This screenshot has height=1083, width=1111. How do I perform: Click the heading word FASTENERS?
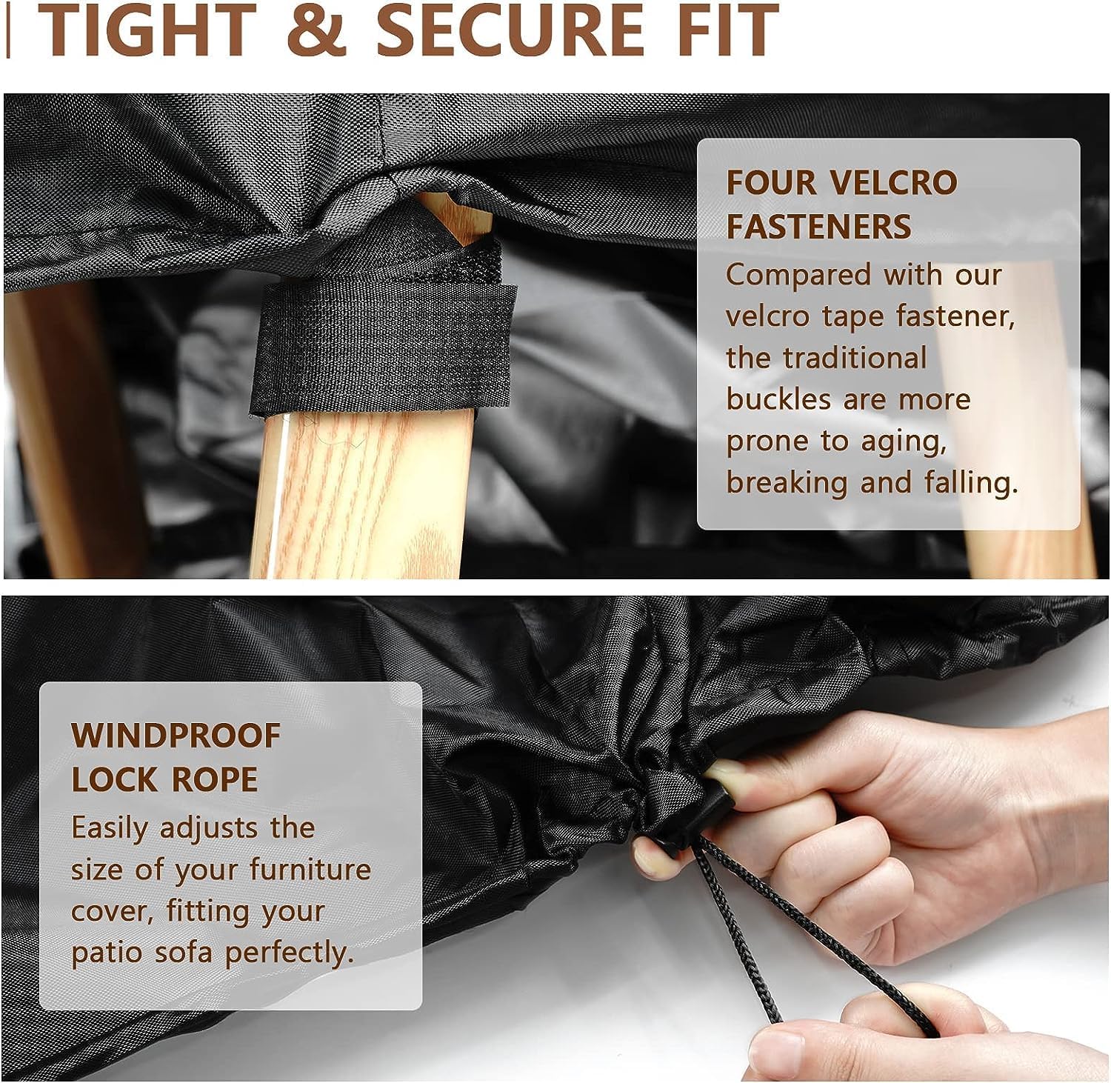pyautogui.click(x=818, y=226)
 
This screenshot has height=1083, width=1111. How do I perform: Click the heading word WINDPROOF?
pyautogui.click(x=176, y=736)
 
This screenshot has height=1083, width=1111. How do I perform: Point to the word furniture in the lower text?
pyautogui.click(x=310, y=869)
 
